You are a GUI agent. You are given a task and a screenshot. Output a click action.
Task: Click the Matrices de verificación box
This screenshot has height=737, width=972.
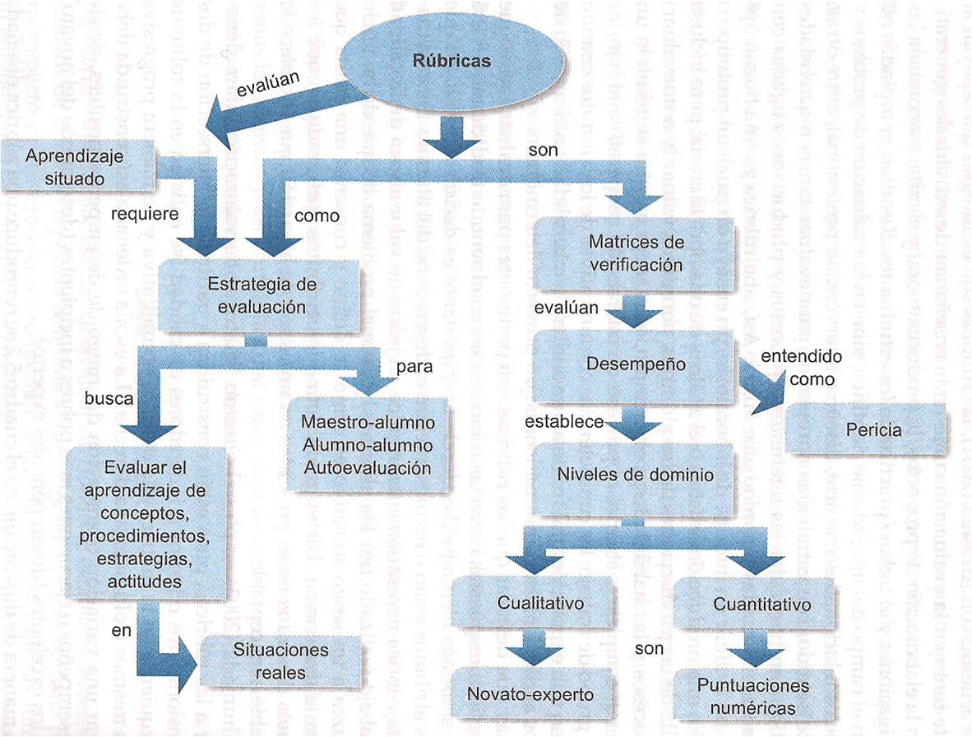[x=636, y=253]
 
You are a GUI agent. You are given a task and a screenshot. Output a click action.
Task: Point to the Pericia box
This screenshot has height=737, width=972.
[x=872, y=429]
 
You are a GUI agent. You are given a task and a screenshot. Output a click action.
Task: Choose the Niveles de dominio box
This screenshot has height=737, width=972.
[x=636, y=475]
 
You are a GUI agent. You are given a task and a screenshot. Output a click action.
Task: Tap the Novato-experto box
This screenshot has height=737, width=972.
[x=530, y=693]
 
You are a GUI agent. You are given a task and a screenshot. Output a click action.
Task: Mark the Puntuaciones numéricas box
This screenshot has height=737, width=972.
[x=752, y=696]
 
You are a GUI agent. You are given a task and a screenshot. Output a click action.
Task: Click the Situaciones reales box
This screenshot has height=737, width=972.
[x=280, y=661]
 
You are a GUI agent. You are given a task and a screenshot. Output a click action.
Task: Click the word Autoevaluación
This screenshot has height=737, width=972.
[x=368, y=466]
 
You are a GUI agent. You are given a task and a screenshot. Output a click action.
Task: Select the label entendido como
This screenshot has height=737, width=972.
[x=801, y=368]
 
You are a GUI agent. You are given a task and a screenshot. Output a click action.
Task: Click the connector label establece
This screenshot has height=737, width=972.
[x=564, y=422]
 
